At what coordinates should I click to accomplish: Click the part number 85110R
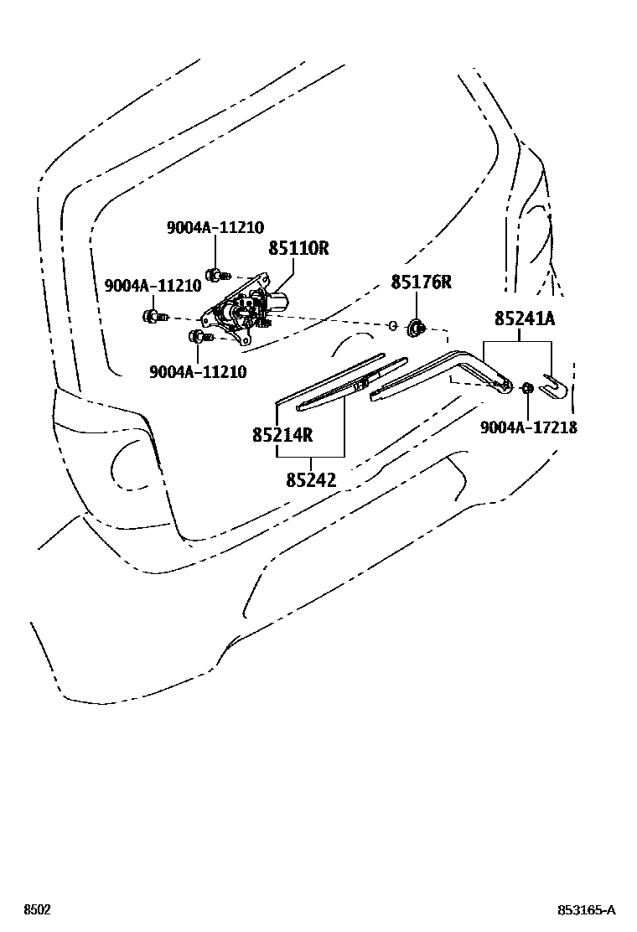coord(298,249)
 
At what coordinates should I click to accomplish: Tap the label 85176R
coord(421,282)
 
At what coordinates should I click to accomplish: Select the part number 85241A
coord(525,318)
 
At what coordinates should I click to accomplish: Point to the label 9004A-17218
coord(528,427)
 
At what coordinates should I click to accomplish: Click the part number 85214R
coord(282,435)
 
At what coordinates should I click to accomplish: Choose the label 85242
coord(311,480)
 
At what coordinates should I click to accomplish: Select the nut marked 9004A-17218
coord(528,387)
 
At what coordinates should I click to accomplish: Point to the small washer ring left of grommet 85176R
coord(392,325)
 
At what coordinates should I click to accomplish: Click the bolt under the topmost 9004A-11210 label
coord(216,273)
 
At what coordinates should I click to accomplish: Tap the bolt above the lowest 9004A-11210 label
coord(198,337)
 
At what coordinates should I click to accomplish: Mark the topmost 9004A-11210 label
coord(215,227)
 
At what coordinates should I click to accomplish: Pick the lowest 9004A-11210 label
coord(198,372)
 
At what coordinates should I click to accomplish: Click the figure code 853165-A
coord(588,910)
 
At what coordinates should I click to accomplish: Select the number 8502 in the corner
coord(37,910)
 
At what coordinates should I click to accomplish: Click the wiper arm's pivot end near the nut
coord(505,385)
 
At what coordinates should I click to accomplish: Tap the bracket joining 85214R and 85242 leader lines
coord(311,456)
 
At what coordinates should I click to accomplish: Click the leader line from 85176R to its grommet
coord(416,305)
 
